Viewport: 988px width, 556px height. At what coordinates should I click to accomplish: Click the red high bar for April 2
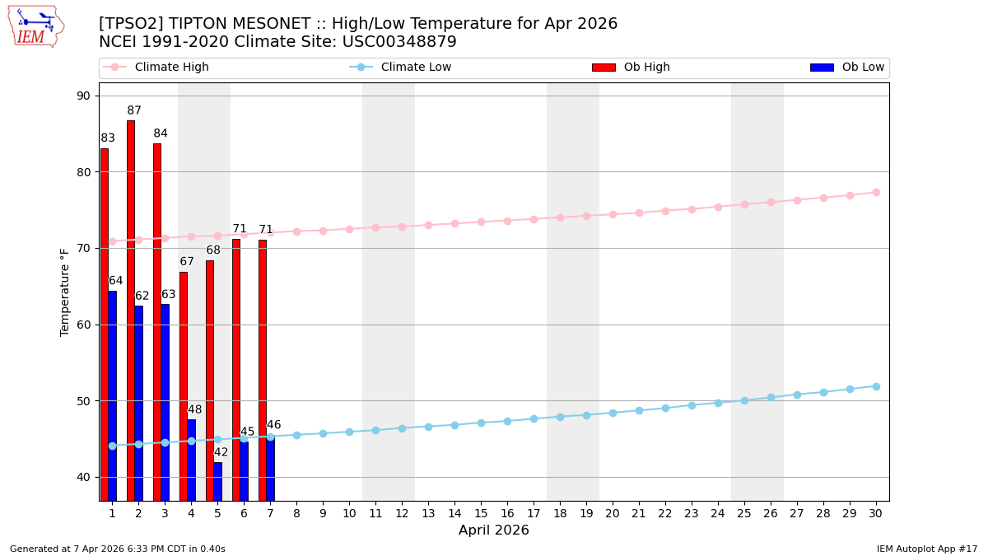coord(131,310)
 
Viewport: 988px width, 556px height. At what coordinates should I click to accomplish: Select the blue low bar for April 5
coord(217,481)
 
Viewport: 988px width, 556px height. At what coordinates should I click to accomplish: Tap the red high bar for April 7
coord(263,370)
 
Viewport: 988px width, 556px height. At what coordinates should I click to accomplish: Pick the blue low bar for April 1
coord(112,395)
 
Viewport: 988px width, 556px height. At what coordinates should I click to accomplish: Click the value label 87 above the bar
coord(134,110)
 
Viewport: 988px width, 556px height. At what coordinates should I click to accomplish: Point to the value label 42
coord(221,452)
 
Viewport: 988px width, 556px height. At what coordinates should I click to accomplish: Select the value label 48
coord(194,409)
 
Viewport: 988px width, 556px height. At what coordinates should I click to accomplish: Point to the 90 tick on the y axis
coord(84,96)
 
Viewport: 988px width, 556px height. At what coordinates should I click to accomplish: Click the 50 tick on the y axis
coord(84,401)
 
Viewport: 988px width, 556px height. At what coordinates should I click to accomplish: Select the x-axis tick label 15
coord(481,513)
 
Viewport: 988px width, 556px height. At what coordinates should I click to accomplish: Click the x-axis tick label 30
coord(876,513)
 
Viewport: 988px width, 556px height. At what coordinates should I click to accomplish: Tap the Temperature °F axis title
coord(65,292)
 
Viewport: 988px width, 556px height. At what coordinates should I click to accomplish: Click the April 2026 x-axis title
coord(494,530)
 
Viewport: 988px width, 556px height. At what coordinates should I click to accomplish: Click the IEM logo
coord(35,26)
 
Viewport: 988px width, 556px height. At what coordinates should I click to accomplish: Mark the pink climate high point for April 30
coord(876,192)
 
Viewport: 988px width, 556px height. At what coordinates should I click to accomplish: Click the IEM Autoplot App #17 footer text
coord(927,549)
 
